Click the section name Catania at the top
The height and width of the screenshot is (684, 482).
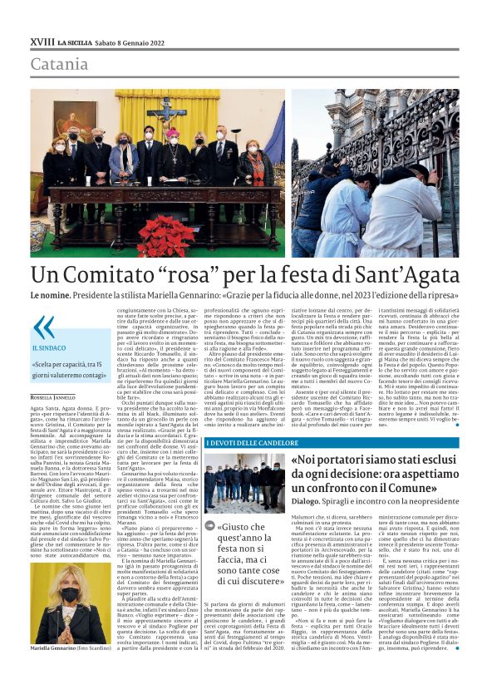[58, 64]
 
